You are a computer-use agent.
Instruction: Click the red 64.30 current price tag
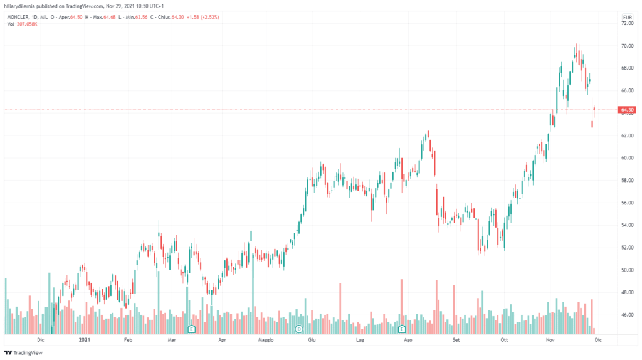tap(626, 110)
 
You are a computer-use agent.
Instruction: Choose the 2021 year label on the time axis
tap(84, 340)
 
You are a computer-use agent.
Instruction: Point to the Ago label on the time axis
tap(408, 340)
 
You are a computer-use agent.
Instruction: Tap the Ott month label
tap(503, 340)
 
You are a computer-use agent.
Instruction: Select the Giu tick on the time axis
tap(312, 340)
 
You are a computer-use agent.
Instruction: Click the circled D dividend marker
tap(299, 329)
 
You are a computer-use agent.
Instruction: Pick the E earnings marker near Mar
tap(192, 329)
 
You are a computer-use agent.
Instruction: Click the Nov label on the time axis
tap(550, 340)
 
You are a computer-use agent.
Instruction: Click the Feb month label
tap(129, 340)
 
